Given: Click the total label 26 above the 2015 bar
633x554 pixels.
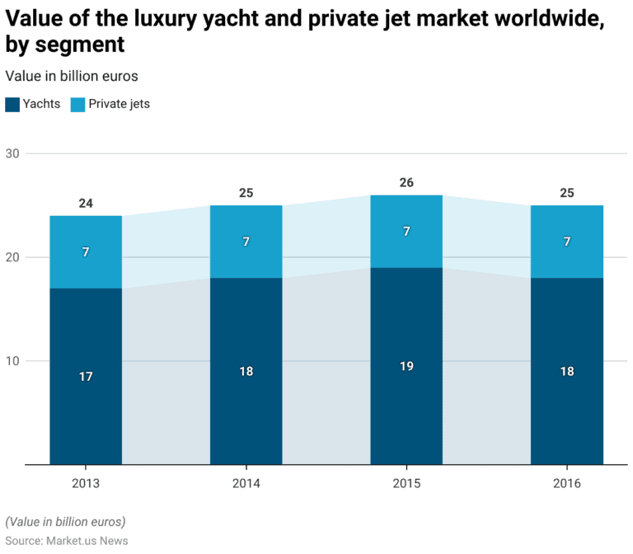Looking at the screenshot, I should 406,183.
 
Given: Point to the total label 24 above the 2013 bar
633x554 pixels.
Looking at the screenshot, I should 86,204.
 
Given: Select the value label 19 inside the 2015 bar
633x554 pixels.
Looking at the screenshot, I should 406,366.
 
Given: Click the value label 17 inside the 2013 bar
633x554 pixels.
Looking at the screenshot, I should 86,377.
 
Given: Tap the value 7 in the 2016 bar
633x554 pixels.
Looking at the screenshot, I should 566,242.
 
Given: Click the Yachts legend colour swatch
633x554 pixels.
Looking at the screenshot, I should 12,105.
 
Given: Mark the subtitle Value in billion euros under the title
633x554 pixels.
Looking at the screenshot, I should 72,76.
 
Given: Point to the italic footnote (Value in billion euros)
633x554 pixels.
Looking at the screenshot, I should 65,521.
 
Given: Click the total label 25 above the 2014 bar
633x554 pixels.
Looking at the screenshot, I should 246,193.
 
